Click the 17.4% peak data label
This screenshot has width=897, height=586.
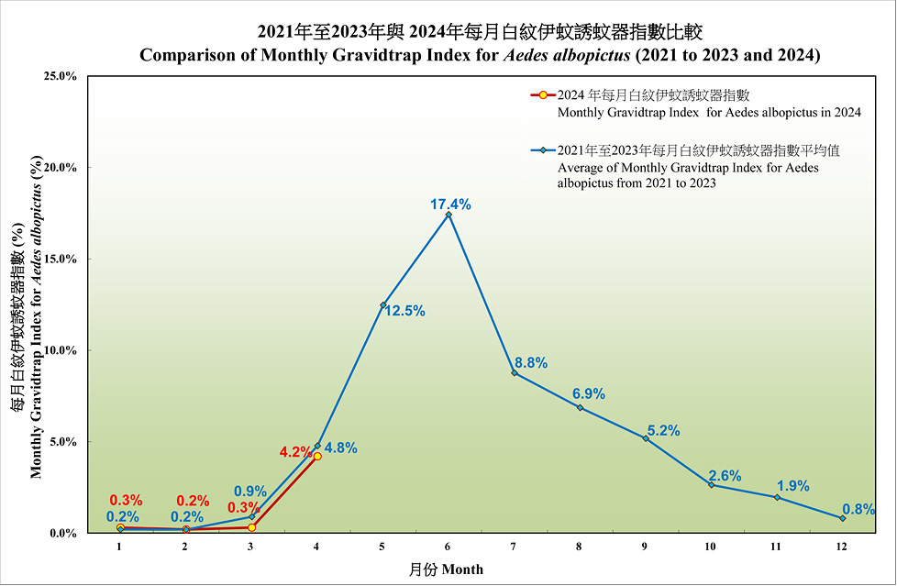(450, 205)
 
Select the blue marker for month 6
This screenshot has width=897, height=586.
(448, 215)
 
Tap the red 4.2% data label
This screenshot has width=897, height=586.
(296, 452)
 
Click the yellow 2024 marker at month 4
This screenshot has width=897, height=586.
(317, 456)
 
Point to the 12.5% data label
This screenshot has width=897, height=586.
(404, 311)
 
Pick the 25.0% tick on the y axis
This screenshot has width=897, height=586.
(60, 76)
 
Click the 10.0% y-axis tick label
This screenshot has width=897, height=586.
(60, 350)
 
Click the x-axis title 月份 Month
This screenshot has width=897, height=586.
(446, 569)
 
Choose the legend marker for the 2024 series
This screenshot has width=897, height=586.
(543, 95)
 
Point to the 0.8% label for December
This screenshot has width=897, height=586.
(858, 509)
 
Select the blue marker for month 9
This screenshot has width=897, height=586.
(646, 438)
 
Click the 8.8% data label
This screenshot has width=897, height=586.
(530, 362)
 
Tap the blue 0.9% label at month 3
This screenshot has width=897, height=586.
(250, 491)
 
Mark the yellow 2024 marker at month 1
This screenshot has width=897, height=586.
(120, 527)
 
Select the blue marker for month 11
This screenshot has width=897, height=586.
(777, 497)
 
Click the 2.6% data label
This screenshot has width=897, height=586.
(725, 476)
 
